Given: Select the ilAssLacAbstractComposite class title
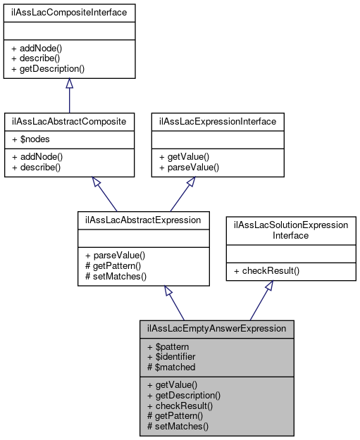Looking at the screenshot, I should point(69,120).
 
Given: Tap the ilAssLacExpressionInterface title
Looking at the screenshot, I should point(218,120).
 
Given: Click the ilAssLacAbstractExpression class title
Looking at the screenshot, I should point(143,220).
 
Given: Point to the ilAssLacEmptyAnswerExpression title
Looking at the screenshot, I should point(216,328).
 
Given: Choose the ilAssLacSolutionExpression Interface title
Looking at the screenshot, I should point(290,230).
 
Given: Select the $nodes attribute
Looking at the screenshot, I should point(30,139).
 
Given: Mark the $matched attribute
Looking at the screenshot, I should point(173,367).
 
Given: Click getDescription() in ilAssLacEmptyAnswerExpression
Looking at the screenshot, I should point(184,396).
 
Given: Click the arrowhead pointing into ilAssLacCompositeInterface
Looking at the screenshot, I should point(69,84).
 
